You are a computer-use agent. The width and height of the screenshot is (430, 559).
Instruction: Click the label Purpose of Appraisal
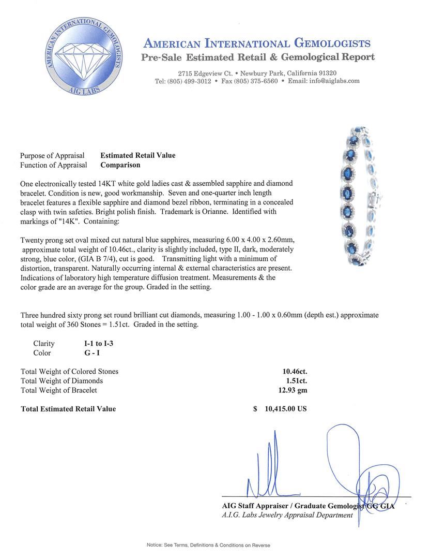(x=52, y=155)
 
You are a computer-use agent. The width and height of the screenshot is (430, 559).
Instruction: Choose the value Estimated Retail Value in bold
(x=138, y=155)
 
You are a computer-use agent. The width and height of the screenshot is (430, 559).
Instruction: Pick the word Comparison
(x=120, y=165)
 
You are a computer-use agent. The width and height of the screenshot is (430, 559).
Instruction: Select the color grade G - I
(x=94, y=353)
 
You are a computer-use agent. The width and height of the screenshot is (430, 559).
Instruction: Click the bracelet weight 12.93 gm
(x=293, y=390)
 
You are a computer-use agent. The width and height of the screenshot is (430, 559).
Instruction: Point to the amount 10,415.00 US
(x=285, y=408)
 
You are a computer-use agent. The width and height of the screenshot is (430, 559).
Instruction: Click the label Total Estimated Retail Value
(x=68, y=409)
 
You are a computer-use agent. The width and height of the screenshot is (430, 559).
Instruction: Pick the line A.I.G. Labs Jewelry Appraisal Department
(x=287, y=515)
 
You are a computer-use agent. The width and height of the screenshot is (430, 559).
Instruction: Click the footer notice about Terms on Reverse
(x=208, y=545)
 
